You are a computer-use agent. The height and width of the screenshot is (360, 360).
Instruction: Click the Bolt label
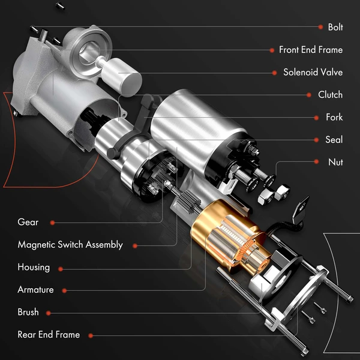pos(335,27)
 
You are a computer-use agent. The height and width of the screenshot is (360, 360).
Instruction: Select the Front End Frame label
pos(310,50)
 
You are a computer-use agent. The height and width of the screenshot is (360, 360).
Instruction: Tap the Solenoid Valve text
pos(313,72)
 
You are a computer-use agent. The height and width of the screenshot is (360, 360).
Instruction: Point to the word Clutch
pos(330,95)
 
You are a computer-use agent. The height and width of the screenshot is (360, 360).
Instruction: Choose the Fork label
pos(334,118)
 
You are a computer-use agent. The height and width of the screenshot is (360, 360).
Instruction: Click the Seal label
pos(334,140)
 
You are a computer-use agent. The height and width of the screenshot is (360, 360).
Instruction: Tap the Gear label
pos(28,222)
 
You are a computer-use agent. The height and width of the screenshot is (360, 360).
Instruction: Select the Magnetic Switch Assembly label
pos(70,245)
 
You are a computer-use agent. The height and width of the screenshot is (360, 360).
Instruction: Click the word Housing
pos(34,267)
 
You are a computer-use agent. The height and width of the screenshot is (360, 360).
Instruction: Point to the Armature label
pos(35,290)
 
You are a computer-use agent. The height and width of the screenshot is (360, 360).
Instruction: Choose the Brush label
pos(28,312)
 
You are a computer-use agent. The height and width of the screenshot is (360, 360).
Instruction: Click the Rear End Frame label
pos(49,335)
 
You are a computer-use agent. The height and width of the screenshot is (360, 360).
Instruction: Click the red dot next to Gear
pos(53,222)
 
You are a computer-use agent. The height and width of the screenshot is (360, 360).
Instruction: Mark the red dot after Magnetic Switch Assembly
pos(136,245)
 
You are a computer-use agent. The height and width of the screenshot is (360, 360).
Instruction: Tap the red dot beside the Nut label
pos(317,162)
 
